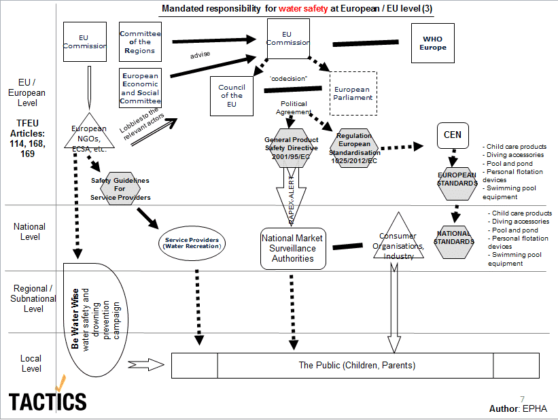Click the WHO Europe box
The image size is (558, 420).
(433, 43)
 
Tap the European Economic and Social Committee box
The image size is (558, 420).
(140, 88)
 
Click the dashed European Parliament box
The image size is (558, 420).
(353, 94)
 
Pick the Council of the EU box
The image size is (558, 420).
(232, 97)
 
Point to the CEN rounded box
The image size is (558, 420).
(452, 135)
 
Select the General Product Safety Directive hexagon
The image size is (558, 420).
(291, 147)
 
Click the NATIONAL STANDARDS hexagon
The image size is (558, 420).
(453, 237)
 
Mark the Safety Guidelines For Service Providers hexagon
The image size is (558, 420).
(120, 189)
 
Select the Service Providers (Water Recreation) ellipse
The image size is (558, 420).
(192, 242)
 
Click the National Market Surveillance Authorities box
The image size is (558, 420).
(293, 248)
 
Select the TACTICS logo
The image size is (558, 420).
(48, 399)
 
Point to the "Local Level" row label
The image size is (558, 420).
(31, 364)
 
